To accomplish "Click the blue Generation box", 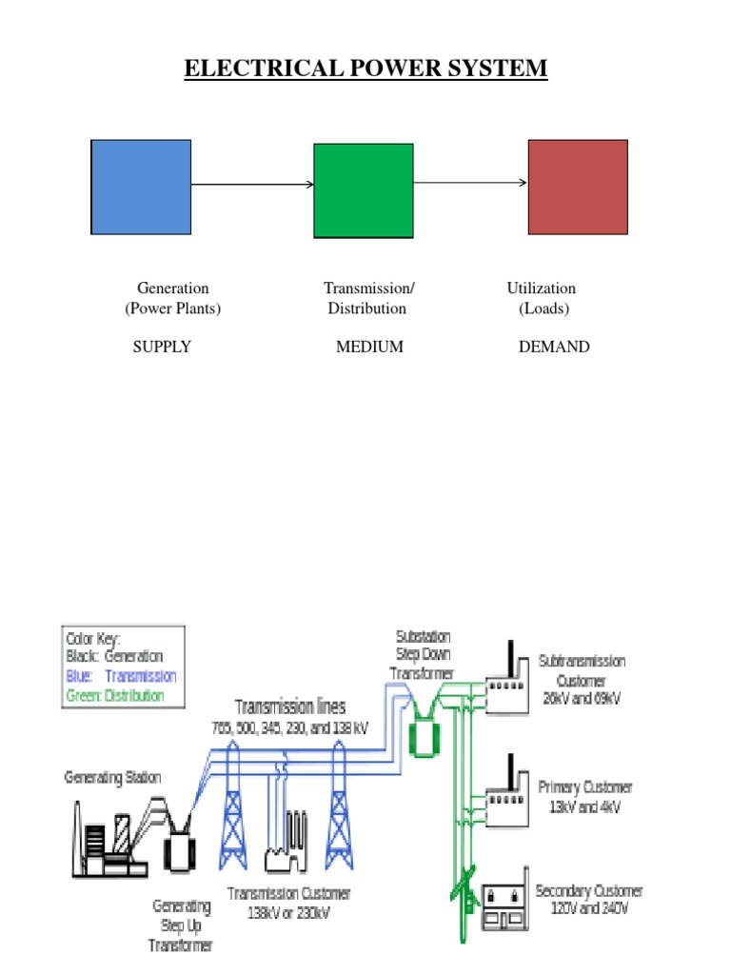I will pos(141,187).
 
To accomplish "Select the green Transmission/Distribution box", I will pos(364,190).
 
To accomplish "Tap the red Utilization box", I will pos(578,187).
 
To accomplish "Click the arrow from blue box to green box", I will pos(252,185).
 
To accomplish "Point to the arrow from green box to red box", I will pos(470,183).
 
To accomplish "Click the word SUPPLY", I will pos(162,348).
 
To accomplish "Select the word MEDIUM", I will pos(369,348).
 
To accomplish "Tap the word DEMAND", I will pos(554,348).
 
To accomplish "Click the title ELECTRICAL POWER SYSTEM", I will pos(365,69).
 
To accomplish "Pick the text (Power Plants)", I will pos(172,308).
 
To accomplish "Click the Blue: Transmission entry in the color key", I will pos(121,676).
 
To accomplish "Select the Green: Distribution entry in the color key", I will pos(114,695).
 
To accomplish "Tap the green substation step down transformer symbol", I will pos(420,735).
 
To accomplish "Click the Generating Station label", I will pos(112,778).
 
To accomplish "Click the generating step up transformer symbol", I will pos(180,842).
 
